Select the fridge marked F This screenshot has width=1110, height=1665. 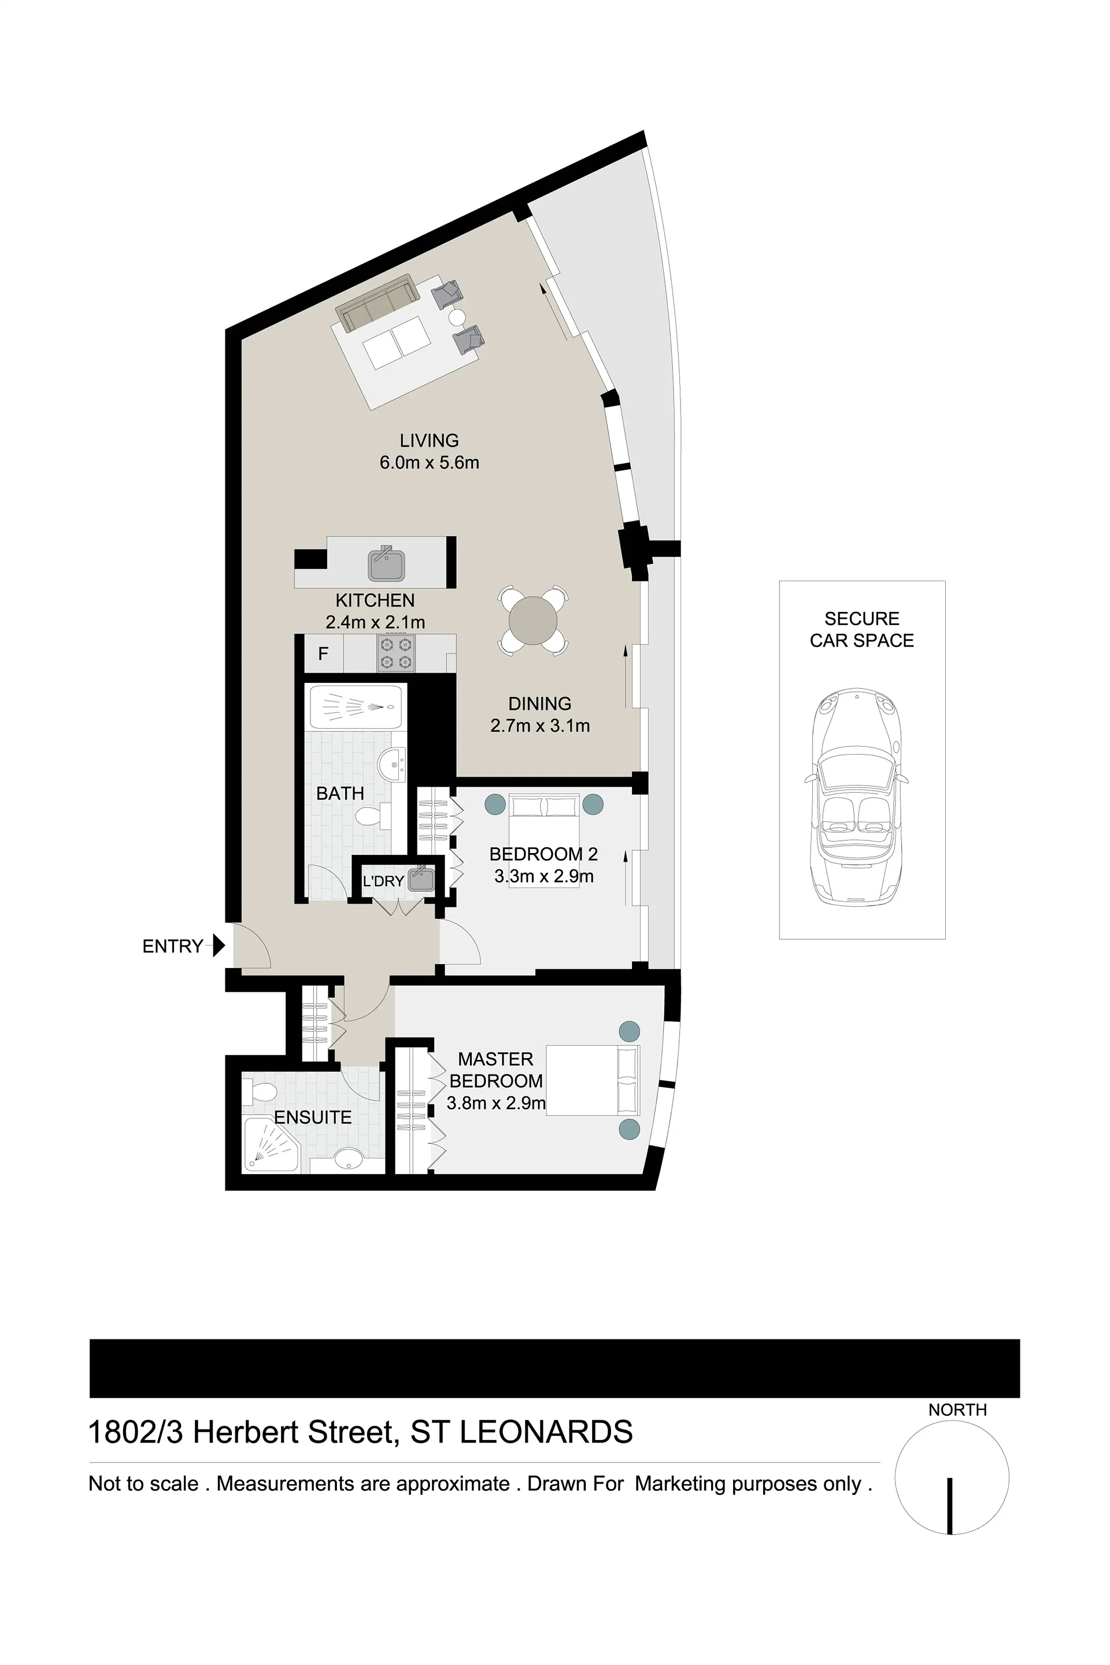click(x=324, y=653)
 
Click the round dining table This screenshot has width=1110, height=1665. click(x=532, y=621)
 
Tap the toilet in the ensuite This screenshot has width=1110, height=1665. click(x=259, y=1091)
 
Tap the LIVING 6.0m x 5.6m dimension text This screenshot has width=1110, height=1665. click(x=429, y=463)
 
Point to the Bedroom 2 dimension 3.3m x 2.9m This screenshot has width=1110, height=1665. click(x=543, y=876)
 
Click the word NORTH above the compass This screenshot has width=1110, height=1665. click(x=957, y=1409)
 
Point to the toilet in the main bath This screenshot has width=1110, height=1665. click(x=373, y=817)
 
